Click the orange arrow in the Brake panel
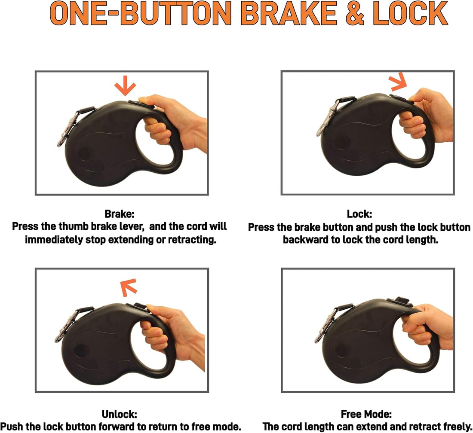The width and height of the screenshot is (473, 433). pos(125,86)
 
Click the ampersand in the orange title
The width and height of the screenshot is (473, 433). pos(354,14)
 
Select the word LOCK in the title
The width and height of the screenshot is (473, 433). pos(411,14)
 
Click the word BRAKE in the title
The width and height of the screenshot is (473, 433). pos(289,14)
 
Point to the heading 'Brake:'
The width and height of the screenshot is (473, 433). pos(120,214)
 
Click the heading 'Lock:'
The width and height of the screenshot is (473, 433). pos(359,214)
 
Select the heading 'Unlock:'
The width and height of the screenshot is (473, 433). pos(120,415)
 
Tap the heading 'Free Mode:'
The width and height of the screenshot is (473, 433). pos(366,415)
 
